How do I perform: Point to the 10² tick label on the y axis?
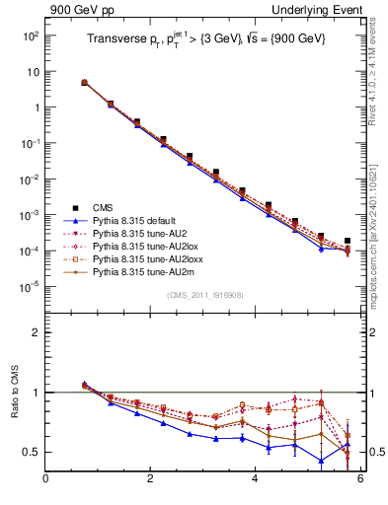[31, 36]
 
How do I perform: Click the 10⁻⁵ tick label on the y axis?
[31, 287]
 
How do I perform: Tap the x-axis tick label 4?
[256, 479]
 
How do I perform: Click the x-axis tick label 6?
[360, 479]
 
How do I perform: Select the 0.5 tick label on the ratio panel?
[31, 452]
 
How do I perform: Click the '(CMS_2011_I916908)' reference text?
[204, 294]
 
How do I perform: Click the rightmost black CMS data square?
[348, 241]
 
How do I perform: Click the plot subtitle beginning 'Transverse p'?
[203, 39]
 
